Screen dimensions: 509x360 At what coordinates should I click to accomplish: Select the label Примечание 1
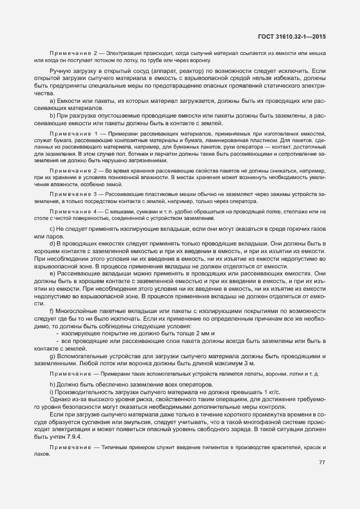tap(75, 133)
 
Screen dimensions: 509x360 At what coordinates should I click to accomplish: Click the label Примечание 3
tap(75, 193)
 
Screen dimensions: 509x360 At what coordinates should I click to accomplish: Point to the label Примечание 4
tap(75, 211)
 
